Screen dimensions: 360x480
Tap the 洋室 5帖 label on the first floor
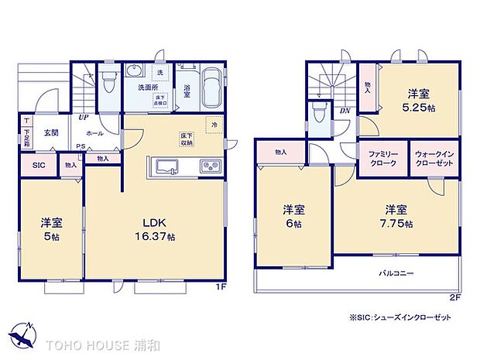50,228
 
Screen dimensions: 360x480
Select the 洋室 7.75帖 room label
397,216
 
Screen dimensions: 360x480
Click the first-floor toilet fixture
108,80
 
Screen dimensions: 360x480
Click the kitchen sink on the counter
166,166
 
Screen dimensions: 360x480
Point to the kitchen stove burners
210,166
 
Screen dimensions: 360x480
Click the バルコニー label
396,273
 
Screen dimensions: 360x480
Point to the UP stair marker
81,118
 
